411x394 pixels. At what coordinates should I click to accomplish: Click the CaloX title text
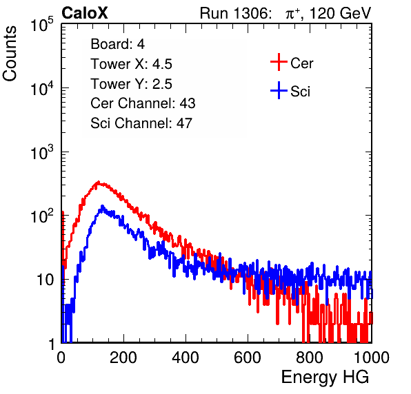click(85, 13)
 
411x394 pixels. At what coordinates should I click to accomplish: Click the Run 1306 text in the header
click(235, 13)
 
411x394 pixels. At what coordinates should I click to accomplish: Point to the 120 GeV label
click(340, 13)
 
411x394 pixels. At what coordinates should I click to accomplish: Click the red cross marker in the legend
click(279, 62)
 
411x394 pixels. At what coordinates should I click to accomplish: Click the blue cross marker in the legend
click(279, 90)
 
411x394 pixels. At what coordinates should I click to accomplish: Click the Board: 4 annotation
click(117, 44)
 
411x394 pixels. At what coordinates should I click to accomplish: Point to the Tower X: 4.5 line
click(131, 64)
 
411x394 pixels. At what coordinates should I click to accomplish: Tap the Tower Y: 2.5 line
click(131, 84)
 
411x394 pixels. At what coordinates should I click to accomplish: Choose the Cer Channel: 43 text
click(143, 103)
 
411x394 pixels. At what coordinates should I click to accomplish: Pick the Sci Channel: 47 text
click(141, 123)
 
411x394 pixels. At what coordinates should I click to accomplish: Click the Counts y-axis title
click(10, 54)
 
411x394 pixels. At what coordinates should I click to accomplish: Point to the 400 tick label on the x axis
click(186, 357)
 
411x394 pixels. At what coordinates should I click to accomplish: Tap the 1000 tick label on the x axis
click(372, 357)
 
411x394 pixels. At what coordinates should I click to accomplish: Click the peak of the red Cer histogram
click(98, 182)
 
